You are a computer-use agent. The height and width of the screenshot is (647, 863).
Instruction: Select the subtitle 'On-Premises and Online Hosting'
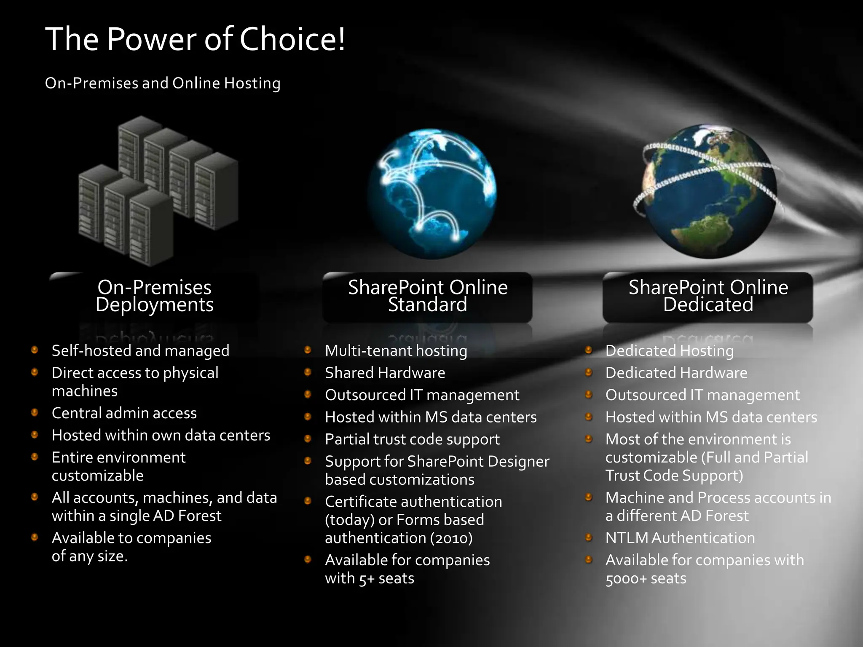pyautogui.click(x=163, y=83)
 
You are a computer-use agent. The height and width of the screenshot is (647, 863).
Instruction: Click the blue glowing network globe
pyautogui.click(x=431, y=194)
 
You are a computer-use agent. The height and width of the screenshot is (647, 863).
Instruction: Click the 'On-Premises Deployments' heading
pyautogui.click(x=155, y=296)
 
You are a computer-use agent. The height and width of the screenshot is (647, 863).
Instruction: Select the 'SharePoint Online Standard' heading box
pyautogui.click(x=427, y=297)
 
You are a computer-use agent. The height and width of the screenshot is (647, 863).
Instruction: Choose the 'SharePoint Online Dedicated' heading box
pyautogui.click(x=708, y=297)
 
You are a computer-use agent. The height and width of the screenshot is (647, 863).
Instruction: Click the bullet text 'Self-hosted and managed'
pyautogui.click(x=140, y=350)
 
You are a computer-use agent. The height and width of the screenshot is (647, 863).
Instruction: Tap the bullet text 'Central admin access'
pyautogui.click(x=124, y=413)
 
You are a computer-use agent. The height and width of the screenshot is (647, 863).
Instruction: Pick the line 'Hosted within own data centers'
pyautogui.click(x=161, y=435)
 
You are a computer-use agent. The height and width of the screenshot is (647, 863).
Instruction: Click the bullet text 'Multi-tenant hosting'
pyautogui.click(x=396, y=350)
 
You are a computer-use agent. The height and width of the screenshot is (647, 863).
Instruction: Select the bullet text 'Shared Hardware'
pyautogui.click(x=385, y=373)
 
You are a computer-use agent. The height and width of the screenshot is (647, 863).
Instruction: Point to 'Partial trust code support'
pyautogui.click(x=412, y=439)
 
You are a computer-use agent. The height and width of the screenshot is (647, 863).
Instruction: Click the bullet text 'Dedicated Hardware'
pyautogui.click(x=676, y=373)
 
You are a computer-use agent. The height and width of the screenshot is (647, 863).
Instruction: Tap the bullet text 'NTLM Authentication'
pyautogui.click(x=680, y=538)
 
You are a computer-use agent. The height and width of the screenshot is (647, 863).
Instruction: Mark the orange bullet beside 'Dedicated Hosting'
pyautogui.click(x=589, y=350)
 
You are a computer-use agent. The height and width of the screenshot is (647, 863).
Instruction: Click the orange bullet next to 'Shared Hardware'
pyautogui.click(x=308, y=372)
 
